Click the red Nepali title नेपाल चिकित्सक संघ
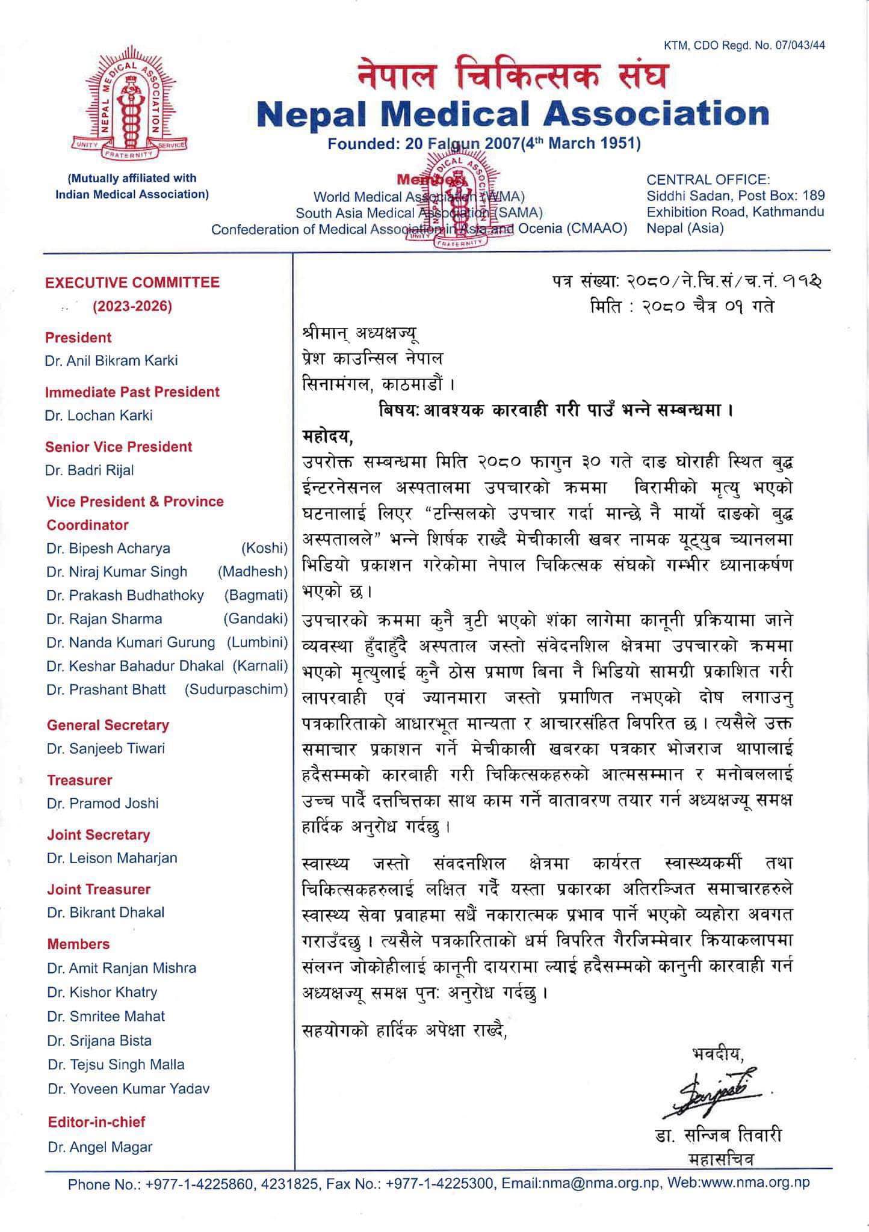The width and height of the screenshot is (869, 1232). [x=512, y=77]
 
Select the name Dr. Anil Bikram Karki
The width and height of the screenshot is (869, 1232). [x=111, y=361]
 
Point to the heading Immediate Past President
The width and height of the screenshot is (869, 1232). [x=133, y=392]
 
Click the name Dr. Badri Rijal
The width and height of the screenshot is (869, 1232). [x=89, y=470]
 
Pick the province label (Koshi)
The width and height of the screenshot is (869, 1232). [x=264, y=549]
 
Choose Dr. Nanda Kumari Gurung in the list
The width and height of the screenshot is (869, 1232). [x=131, y=642]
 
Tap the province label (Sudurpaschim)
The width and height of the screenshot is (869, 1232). [x=236, y=689]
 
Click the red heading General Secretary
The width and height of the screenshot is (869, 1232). [x=108, y=725]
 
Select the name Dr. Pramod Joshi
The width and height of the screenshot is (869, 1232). [x=102, y=804]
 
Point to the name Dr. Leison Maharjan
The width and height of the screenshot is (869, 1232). [x=112, y=858]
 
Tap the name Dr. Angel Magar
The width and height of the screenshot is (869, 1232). [x=100, y=1147]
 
